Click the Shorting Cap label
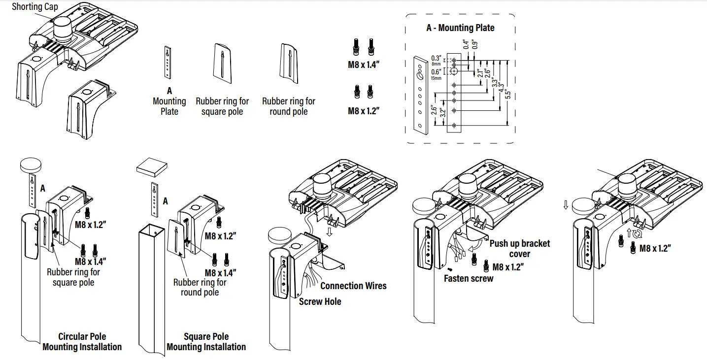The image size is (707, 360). [34, 7]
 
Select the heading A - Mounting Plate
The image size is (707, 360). [460, 28]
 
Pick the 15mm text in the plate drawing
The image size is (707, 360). [436, 78]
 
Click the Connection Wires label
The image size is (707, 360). [353, 286]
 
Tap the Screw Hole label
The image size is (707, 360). [320, 301]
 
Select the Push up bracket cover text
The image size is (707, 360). [519, 249]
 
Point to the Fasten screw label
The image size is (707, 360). [468, 278]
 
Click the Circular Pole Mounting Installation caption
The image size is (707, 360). [82, 342]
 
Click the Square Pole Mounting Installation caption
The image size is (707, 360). [206, 342]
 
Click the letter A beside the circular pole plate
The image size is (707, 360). [43, 188]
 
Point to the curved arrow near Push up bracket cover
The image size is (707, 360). [475, 245]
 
